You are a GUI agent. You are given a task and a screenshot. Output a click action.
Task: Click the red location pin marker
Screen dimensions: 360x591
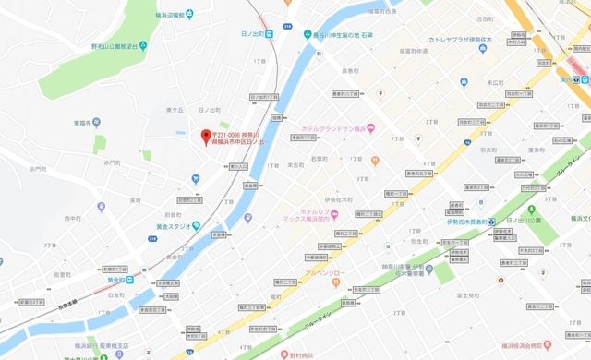[206, 137]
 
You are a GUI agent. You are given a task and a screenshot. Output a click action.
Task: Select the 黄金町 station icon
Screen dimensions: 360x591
[130, 278]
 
